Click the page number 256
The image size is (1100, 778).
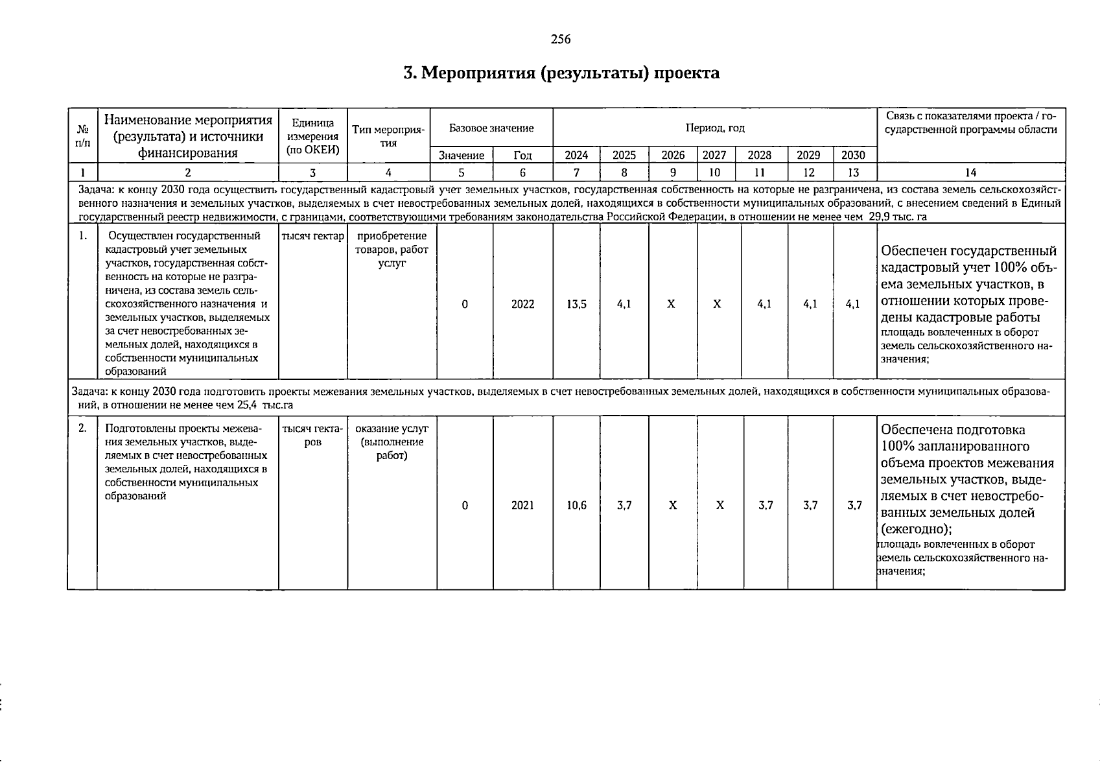(x=560, y=39)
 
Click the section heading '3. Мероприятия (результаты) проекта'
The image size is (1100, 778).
(x=561, y=73)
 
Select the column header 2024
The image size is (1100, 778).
(x=576, y=156)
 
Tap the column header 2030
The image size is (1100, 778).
(x=853, y=156)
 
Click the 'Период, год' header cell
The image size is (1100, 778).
(x=715, y=128)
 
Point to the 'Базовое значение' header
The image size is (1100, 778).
(x=491, y=128)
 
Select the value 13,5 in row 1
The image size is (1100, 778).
(x=576, y=303)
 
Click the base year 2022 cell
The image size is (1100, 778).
(x=522, y=303)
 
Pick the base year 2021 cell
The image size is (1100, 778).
(x=522, y=505)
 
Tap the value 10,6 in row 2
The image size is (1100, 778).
(x=576, y=505)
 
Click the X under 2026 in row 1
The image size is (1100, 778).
(x=672, y=303)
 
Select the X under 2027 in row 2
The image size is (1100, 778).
(x=720, y=505)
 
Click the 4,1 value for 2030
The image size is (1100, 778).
(x=853, y=303)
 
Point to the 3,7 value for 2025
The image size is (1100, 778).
(x=624, y=505)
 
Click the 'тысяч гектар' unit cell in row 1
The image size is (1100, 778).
(x=312, y=236)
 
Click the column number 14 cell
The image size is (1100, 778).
(x=970, y=172)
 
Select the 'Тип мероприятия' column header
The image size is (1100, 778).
(x=388, y=136)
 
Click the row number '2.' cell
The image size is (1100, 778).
(x=82, y=428)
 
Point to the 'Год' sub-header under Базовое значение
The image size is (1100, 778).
(x=522, y=156)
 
